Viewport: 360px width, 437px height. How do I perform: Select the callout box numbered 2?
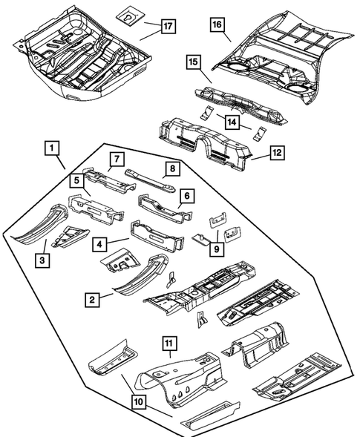point(91,300)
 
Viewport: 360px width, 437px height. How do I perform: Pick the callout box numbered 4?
point(99,242)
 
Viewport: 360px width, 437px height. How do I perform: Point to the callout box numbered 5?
point(77,180)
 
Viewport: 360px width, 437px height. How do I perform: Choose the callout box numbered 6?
point(187,196)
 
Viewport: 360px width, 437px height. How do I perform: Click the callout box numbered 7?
point(116,158)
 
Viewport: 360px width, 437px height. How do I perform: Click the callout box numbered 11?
point(168,343)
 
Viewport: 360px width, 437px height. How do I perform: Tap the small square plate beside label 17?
point(128,15)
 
